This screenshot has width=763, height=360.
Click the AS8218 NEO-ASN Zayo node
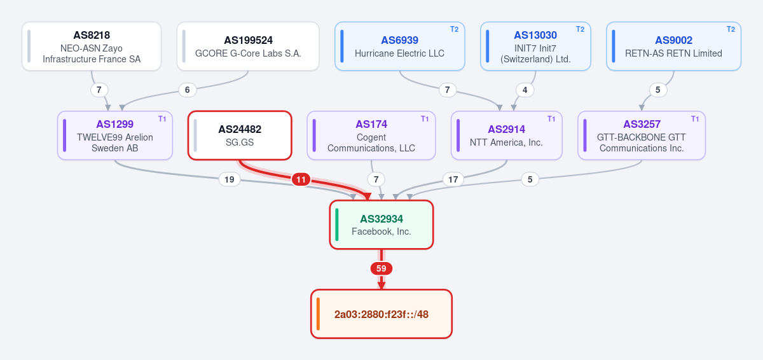[92, 46]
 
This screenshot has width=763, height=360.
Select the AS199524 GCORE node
[248, 46]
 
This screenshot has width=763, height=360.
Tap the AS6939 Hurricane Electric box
[399, 46]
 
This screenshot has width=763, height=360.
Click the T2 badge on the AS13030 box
[580, 29]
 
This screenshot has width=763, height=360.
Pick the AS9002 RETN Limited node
[673, 46]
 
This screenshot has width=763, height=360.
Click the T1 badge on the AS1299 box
[162, 119]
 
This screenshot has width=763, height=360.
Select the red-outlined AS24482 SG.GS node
[240, 135]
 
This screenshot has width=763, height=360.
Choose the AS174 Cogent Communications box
[371, 135]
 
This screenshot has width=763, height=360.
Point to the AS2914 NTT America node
[507, 135]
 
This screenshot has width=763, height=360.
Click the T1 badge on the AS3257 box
[695, 119]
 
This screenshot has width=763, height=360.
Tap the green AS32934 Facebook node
[381, 225]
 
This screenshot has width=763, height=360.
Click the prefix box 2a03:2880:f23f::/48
[381, 314]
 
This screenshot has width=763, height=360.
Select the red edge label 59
[381, 268]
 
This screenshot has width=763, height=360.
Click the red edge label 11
[301, 179]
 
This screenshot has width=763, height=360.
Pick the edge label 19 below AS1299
[230, 179]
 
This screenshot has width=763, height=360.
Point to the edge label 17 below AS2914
[453, 179]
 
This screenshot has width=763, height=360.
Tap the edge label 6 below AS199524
[188, 90]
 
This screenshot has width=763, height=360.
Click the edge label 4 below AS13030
[525, 90]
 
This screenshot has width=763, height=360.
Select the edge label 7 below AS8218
[99, 90]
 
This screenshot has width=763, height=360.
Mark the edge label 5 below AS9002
[658, 90]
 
